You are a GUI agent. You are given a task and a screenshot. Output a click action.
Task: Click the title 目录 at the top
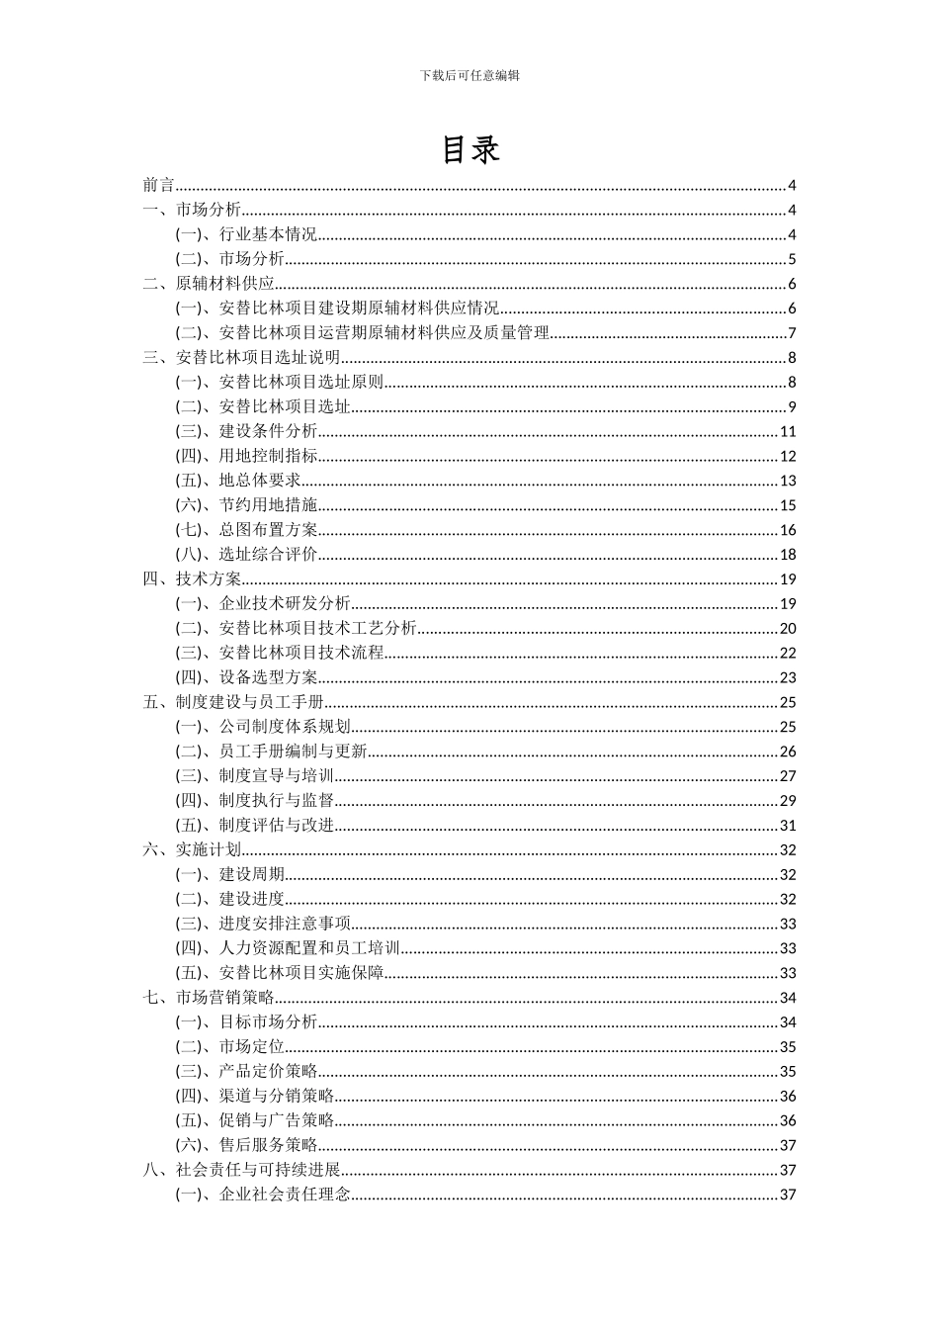(x=469, y=149)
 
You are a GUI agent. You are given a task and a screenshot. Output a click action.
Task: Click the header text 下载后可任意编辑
(x=469, y=74)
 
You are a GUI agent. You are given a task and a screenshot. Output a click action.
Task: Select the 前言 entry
(x=158, y=185)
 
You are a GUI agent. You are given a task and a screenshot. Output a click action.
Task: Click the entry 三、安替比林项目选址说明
(x=241, y=358)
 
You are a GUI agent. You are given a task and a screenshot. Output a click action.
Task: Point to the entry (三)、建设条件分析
(x=247, y=431)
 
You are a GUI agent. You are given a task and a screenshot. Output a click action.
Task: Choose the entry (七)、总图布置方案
(x=247, y=530)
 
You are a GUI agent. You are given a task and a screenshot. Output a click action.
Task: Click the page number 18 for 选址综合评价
(x=788, y=555)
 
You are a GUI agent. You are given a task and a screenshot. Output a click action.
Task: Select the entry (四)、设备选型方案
(x=247, y=677)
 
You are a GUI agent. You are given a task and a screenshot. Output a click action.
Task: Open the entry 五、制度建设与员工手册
(x=233, y=702)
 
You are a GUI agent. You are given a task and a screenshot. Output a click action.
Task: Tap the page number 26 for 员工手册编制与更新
(x=788, y=752)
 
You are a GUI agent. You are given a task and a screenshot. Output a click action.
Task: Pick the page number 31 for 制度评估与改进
(x=788, y=826)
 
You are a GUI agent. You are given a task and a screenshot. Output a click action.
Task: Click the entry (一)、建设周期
(x=230, y=874)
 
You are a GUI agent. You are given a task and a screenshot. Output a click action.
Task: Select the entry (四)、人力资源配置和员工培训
(x=288, y=948)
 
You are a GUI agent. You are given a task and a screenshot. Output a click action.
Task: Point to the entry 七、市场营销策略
(x=209, y=998)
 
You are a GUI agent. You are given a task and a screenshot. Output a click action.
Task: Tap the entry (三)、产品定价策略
(x=247, y=1071)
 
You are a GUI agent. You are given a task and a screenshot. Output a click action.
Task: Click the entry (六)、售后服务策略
(x=247, y=1145)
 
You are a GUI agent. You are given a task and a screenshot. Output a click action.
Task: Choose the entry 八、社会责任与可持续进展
(x=241, y=1170)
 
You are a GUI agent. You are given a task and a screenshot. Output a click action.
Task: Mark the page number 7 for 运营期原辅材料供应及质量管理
(x=792, y=333)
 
